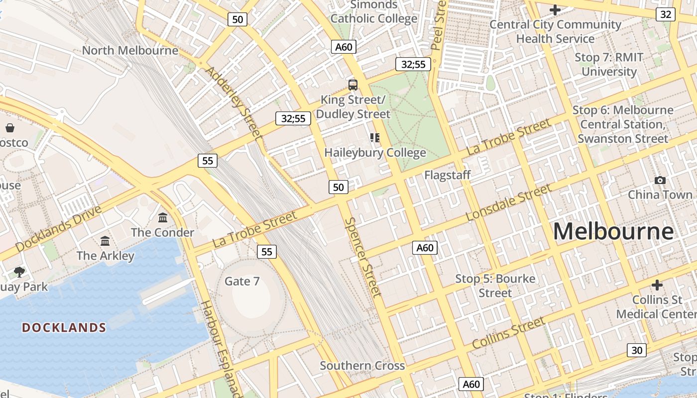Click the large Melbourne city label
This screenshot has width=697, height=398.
click(x=613, y=232)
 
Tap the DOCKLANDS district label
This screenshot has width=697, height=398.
click(x=64, y=327)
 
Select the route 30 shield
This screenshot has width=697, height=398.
click(x=637, y=350)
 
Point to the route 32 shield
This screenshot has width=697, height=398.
click(x=666, y=14)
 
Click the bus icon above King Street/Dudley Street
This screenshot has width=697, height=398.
click(x=353, y=85)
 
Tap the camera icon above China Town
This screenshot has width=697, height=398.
click(x=660, y=180)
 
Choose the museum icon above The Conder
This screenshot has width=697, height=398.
click(x=163, y=218)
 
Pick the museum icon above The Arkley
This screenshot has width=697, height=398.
click(x=105, y=241)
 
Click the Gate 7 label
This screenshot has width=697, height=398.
click(x=242, y=281)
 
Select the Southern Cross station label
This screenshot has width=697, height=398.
click(x=362, y=366)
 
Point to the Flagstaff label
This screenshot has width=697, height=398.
click(x=447, y=175)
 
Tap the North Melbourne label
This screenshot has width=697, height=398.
click(x=130, y=50)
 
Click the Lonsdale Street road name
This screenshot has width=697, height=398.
click(x=508, y=202)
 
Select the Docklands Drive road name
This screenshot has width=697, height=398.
click(x=58, y=228)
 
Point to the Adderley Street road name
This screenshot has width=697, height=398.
click(x=233, y=102)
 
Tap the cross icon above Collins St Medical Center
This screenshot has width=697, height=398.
click(x=657, y=286)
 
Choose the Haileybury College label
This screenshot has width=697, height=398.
click(x=375, y=153)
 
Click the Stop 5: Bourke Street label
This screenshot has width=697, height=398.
click(x=495, y=286)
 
